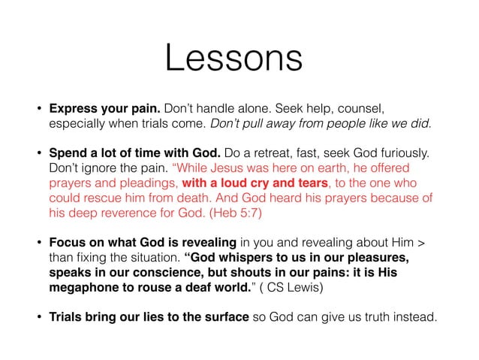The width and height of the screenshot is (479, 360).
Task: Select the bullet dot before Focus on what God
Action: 37,244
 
